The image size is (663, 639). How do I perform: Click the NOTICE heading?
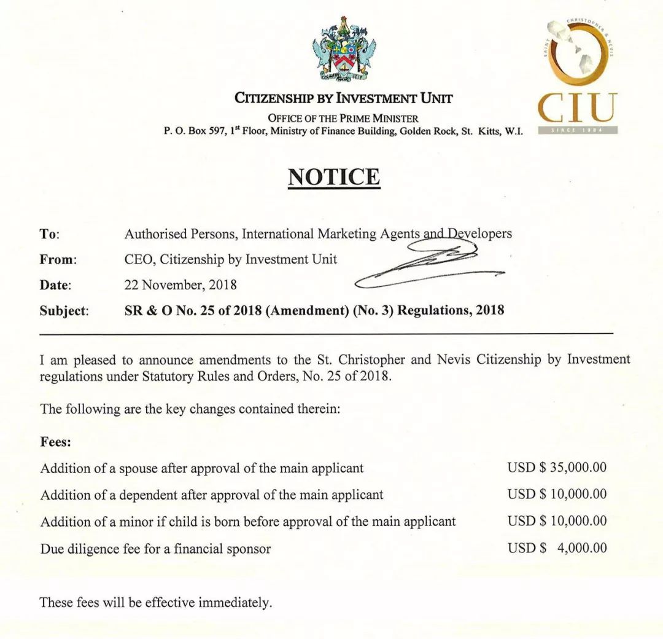coord(334,177)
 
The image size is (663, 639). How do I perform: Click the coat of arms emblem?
coord(345,50)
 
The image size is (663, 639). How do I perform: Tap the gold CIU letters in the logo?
coord(577,108)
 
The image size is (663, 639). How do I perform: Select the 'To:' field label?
coord(50,234)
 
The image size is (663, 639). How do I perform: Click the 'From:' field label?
coord(58,260)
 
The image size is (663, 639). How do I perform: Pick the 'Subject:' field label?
coord(64,310)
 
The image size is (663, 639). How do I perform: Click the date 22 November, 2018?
coord(180,285)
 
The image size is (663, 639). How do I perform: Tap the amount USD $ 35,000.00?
coord(557,468)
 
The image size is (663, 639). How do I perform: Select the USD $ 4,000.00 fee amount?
coord(557,548)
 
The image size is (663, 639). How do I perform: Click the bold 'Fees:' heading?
coord(56,441)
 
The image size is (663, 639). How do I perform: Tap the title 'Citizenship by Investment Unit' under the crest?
coord(344,98)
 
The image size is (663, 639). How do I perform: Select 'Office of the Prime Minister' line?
coord(343,119)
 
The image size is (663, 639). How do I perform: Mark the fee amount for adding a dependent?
coord(557,495)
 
